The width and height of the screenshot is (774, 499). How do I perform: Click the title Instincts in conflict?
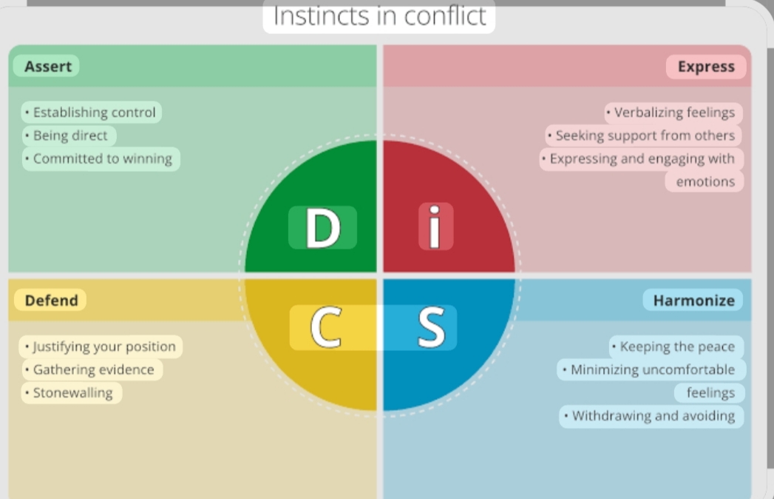(x=379, y=16)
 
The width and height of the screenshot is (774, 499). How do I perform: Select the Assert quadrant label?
(x=47, y=67)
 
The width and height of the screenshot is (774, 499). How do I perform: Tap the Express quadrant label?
(x=706, y=67)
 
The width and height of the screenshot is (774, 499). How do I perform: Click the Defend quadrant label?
(x=51, y=300)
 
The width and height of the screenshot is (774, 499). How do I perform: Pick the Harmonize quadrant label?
(x=693, y=300)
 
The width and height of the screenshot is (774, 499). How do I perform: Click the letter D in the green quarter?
(x=323, y=228)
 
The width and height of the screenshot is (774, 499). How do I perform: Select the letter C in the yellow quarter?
(x=325, y=327)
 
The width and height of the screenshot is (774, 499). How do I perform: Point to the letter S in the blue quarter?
(x=431, y=327)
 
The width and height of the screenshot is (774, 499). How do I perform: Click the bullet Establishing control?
(x=92, y=113)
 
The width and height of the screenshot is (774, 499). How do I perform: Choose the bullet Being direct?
(x=69, y=135)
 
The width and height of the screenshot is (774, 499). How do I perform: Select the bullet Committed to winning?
(x=101, y=158)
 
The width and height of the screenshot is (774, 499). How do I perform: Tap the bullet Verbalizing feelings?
(x=673, y=113)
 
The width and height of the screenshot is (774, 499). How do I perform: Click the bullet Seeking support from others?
(x=644, y=135)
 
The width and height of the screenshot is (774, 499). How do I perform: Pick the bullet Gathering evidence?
(x=92, y=369)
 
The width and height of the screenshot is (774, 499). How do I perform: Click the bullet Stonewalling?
(x=72, y=392)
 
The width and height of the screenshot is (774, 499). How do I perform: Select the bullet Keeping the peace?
(x=676, y=346)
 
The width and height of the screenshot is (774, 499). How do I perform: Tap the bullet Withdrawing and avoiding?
(x=652, y=415)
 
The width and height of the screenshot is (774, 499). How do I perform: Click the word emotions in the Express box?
(x=705, y=181)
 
